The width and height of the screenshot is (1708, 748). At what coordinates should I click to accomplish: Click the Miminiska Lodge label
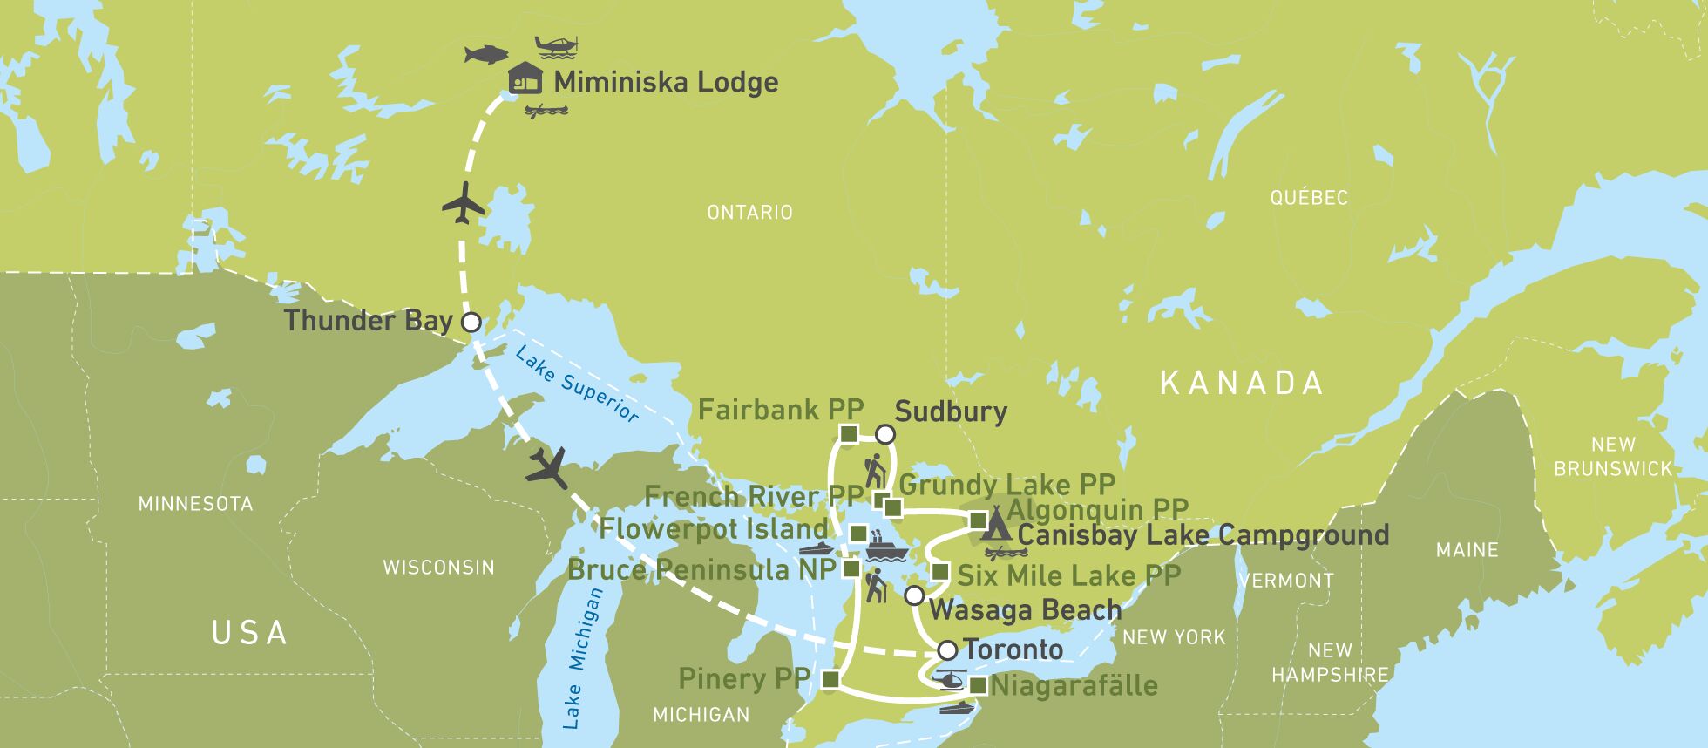(666, 82)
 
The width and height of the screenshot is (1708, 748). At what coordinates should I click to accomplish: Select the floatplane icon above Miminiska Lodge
(555, 45)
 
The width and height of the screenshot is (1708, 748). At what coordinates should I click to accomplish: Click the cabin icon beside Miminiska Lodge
(525, 79)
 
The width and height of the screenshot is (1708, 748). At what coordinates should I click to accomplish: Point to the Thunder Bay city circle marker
(471, 322)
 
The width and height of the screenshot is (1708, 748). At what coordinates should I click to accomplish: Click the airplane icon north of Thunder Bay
(464, 204)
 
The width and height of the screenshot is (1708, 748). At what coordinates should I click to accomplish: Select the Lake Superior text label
(576, 384)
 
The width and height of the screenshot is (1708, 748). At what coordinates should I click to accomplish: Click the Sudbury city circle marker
(884, 433)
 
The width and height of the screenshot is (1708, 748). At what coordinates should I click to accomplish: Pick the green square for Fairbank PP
(849, 433)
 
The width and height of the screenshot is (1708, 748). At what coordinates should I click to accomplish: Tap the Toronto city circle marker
(947, 649)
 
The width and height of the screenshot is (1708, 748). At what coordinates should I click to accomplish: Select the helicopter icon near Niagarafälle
(948, 678)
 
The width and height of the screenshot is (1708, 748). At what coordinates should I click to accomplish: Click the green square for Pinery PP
(830, 678)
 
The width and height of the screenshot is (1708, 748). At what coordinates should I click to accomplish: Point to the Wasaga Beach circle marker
(913, 595)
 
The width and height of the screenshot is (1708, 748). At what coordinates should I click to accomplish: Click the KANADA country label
(1242, 383)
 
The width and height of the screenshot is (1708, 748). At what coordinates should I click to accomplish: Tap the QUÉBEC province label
(1308, 197)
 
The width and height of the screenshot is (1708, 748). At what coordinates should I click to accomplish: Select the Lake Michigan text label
(583, 658)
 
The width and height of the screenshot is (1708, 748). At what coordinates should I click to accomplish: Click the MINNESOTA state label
(195, 504)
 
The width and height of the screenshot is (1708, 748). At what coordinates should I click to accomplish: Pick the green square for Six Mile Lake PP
(939, 573)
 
